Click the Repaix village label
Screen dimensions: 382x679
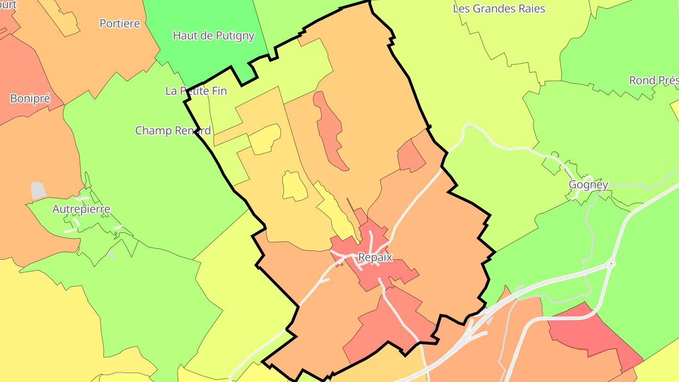[375, 257]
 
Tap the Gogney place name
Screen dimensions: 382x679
[588, 185]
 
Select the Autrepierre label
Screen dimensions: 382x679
[81, 209]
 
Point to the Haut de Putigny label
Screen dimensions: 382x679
[214, 36]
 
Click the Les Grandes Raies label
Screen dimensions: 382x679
[499, 8]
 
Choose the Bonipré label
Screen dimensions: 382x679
[30, 99]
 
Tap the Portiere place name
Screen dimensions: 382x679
[120, 24]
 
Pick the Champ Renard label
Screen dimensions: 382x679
[173, 131]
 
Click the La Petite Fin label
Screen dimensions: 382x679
[196, 91]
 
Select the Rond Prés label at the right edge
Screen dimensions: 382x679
[654, 81]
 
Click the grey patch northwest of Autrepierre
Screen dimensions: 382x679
[38, 191]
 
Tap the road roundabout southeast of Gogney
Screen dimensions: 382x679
[611, 263]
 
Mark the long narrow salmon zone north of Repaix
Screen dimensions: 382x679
[331, 132]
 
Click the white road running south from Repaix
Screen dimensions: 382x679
[401, 316]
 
